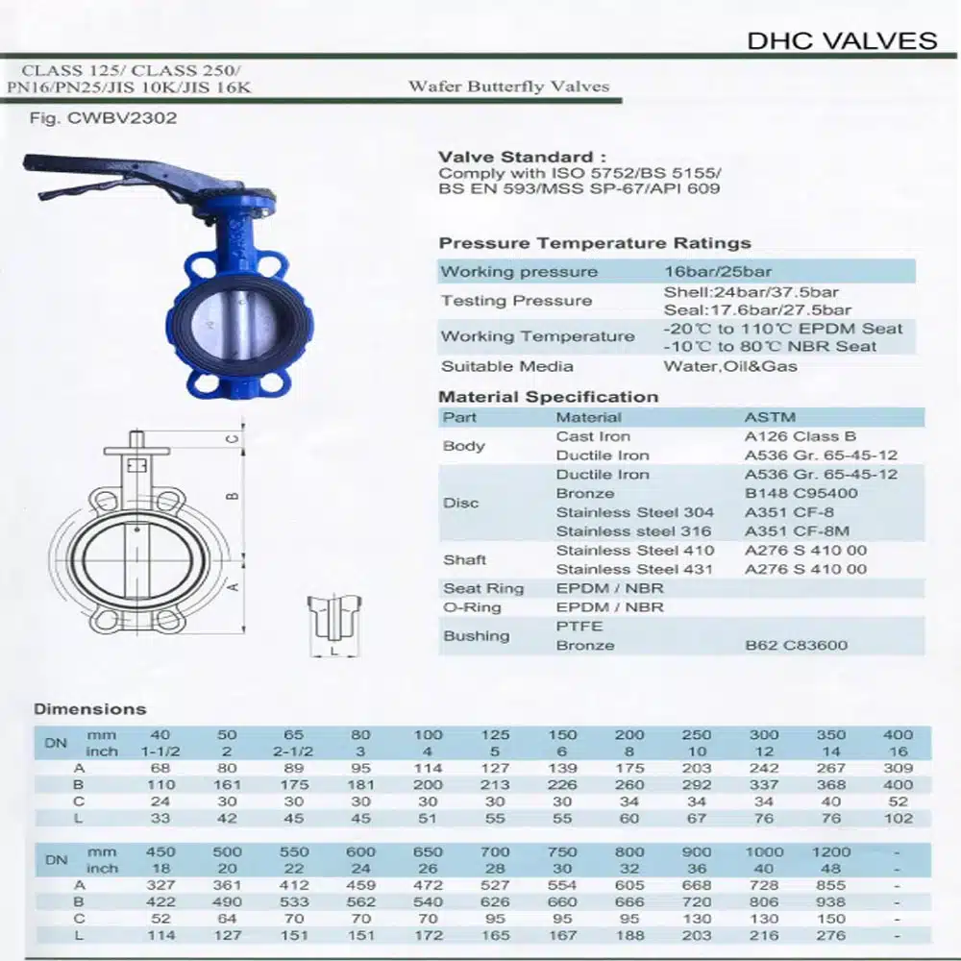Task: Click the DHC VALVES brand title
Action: click(x=842, y=40)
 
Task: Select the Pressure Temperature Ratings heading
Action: click(x=595, y=243)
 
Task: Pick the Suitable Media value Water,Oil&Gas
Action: click(x=730, y=366)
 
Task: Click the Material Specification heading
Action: click(x=549, y=397)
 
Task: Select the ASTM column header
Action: click(x=771, y=417)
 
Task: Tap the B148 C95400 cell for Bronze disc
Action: click(x=801, y=493)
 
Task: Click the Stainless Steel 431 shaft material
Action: click(x=635, y=569)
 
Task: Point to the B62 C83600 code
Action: click(x=797, y=645)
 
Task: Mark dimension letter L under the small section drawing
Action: click(x=333, y=652)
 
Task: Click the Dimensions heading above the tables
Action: click(x=90, y=709)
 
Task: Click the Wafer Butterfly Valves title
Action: click(x=508, y=86)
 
